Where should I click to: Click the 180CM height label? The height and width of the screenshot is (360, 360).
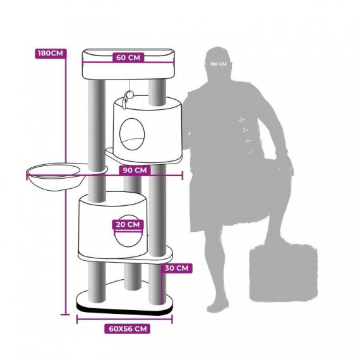[51, 53]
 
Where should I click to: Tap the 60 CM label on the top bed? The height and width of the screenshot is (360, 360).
[128, 57]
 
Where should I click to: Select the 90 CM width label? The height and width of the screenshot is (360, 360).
[135, 171]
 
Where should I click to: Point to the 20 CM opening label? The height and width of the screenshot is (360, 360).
[128, 224]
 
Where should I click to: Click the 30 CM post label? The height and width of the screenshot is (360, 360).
[177, 268]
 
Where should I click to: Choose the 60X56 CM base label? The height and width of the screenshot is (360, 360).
[128, 329]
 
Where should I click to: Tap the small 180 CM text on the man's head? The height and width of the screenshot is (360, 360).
[218, 64]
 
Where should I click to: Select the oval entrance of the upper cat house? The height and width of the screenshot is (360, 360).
[132, 134]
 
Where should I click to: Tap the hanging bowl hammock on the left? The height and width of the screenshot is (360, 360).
[55, 177]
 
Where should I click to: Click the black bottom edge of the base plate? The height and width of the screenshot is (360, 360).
[124, 310]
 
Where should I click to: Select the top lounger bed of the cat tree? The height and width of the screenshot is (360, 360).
[129, 64]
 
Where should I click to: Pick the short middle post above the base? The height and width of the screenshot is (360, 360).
[133, 276]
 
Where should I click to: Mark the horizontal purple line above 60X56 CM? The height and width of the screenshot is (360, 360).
[124, 319]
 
